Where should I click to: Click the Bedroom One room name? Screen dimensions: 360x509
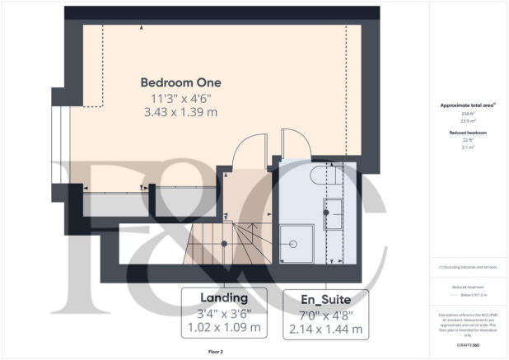[180, 82]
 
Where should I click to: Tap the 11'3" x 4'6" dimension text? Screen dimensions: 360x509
[180, 98]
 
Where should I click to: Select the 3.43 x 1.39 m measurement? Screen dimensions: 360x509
[180, 111]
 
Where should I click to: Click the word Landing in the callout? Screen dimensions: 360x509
[224, 297]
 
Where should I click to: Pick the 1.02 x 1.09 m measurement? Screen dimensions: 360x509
[224, 328]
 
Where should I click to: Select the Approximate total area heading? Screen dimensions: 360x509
[466, 105]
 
